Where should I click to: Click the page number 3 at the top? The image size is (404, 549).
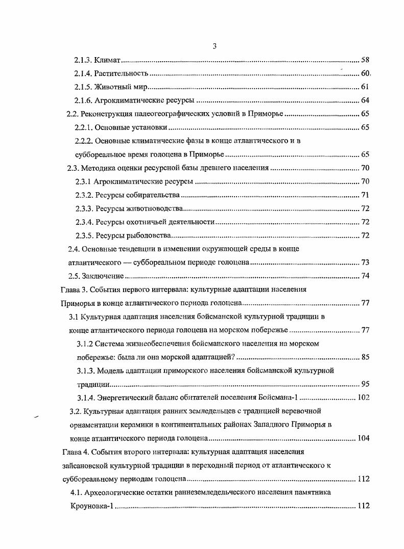click(x=215, y=46)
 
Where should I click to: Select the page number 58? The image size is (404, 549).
click(x=365, y=60)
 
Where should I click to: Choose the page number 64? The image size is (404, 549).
click(x=365, y=100)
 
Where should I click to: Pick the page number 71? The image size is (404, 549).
click(x=365, y=195)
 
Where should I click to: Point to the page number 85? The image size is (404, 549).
click(x=365, y=357)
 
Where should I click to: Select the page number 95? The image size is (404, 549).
click(x=365, y=384)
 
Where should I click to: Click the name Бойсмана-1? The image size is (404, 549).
click(x=278, y=398)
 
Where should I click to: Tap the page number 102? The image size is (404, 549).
click(x=363, y=398)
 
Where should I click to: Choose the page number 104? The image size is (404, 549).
click(x=363, y=438)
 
